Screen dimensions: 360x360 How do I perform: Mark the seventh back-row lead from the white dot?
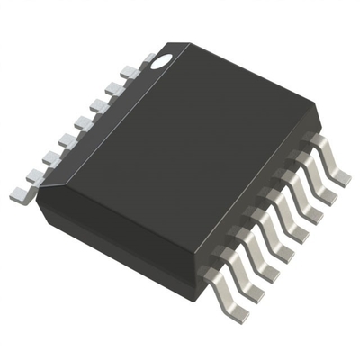pyautogui.click(x=36, y=174)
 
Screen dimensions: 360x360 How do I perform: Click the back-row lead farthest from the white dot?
pyautogui.click(x=20, y=191)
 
